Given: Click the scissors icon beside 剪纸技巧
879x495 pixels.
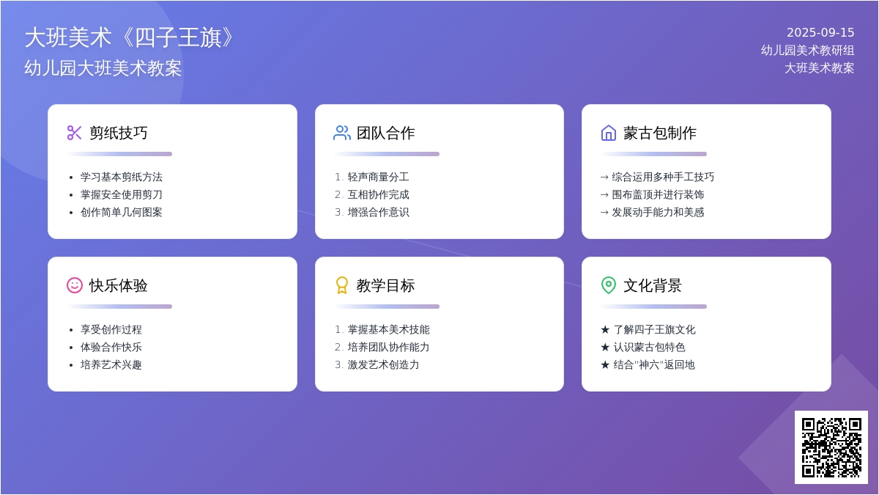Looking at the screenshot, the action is click(x=74, y=133).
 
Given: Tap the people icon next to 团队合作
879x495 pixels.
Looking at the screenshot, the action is click(x=342, y=133).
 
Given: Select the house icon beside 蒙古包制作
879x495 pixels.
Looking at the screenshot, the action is click(x=609, y=133).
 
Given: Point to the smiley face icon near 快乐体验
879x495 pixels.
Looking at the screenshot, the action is click(x=75, y=285).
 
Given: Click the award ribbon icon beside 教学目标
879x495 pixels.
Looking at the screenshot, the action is click(x=342, y=285).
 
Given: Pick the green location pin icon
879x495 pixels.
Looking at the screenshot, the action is click(x=609, y=285).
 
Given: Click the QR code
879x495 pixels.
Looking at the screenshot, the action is click(x=831, y=447).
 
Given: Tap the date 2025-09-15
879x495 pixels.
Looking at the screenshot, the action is click(x=820, y=32).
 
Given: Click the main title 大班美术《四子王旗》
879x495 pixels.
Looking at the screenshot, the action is click(x=129, y=37).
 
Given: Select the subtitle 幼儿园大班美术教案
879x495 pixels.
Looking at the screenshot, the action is click(x=103, y=68).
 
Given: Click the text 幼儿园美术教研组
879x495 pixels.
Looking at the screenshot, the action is click(x=807, y=51).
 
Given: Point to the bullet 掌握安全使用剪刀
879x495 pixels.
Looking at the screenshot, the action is click(x=122, y=194).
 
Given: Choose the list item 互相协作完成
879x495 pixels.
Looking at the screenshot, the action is click(x=378, y=194).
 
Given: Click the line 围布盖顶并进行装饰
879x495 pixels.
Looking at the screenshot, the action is click(x=658, y=194).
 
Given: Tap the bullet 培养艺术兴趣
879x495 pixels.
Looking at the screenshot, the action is click(x=111, y=364).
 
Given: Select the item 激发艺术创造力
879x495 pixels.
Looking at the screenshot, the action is click(x=383, y=364).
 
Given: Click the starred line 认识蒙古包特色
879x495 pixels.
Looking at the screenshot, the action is click(x=649, y=347).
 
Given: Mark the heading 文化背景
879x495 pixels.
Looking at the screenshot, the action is click(x=652, y=285).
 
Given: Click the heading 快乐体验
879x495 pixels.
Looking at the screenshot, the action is click(x=118, y=285).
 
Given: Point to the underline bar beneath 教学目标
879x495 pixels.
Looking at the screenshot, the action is click(x=387, y=307).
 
